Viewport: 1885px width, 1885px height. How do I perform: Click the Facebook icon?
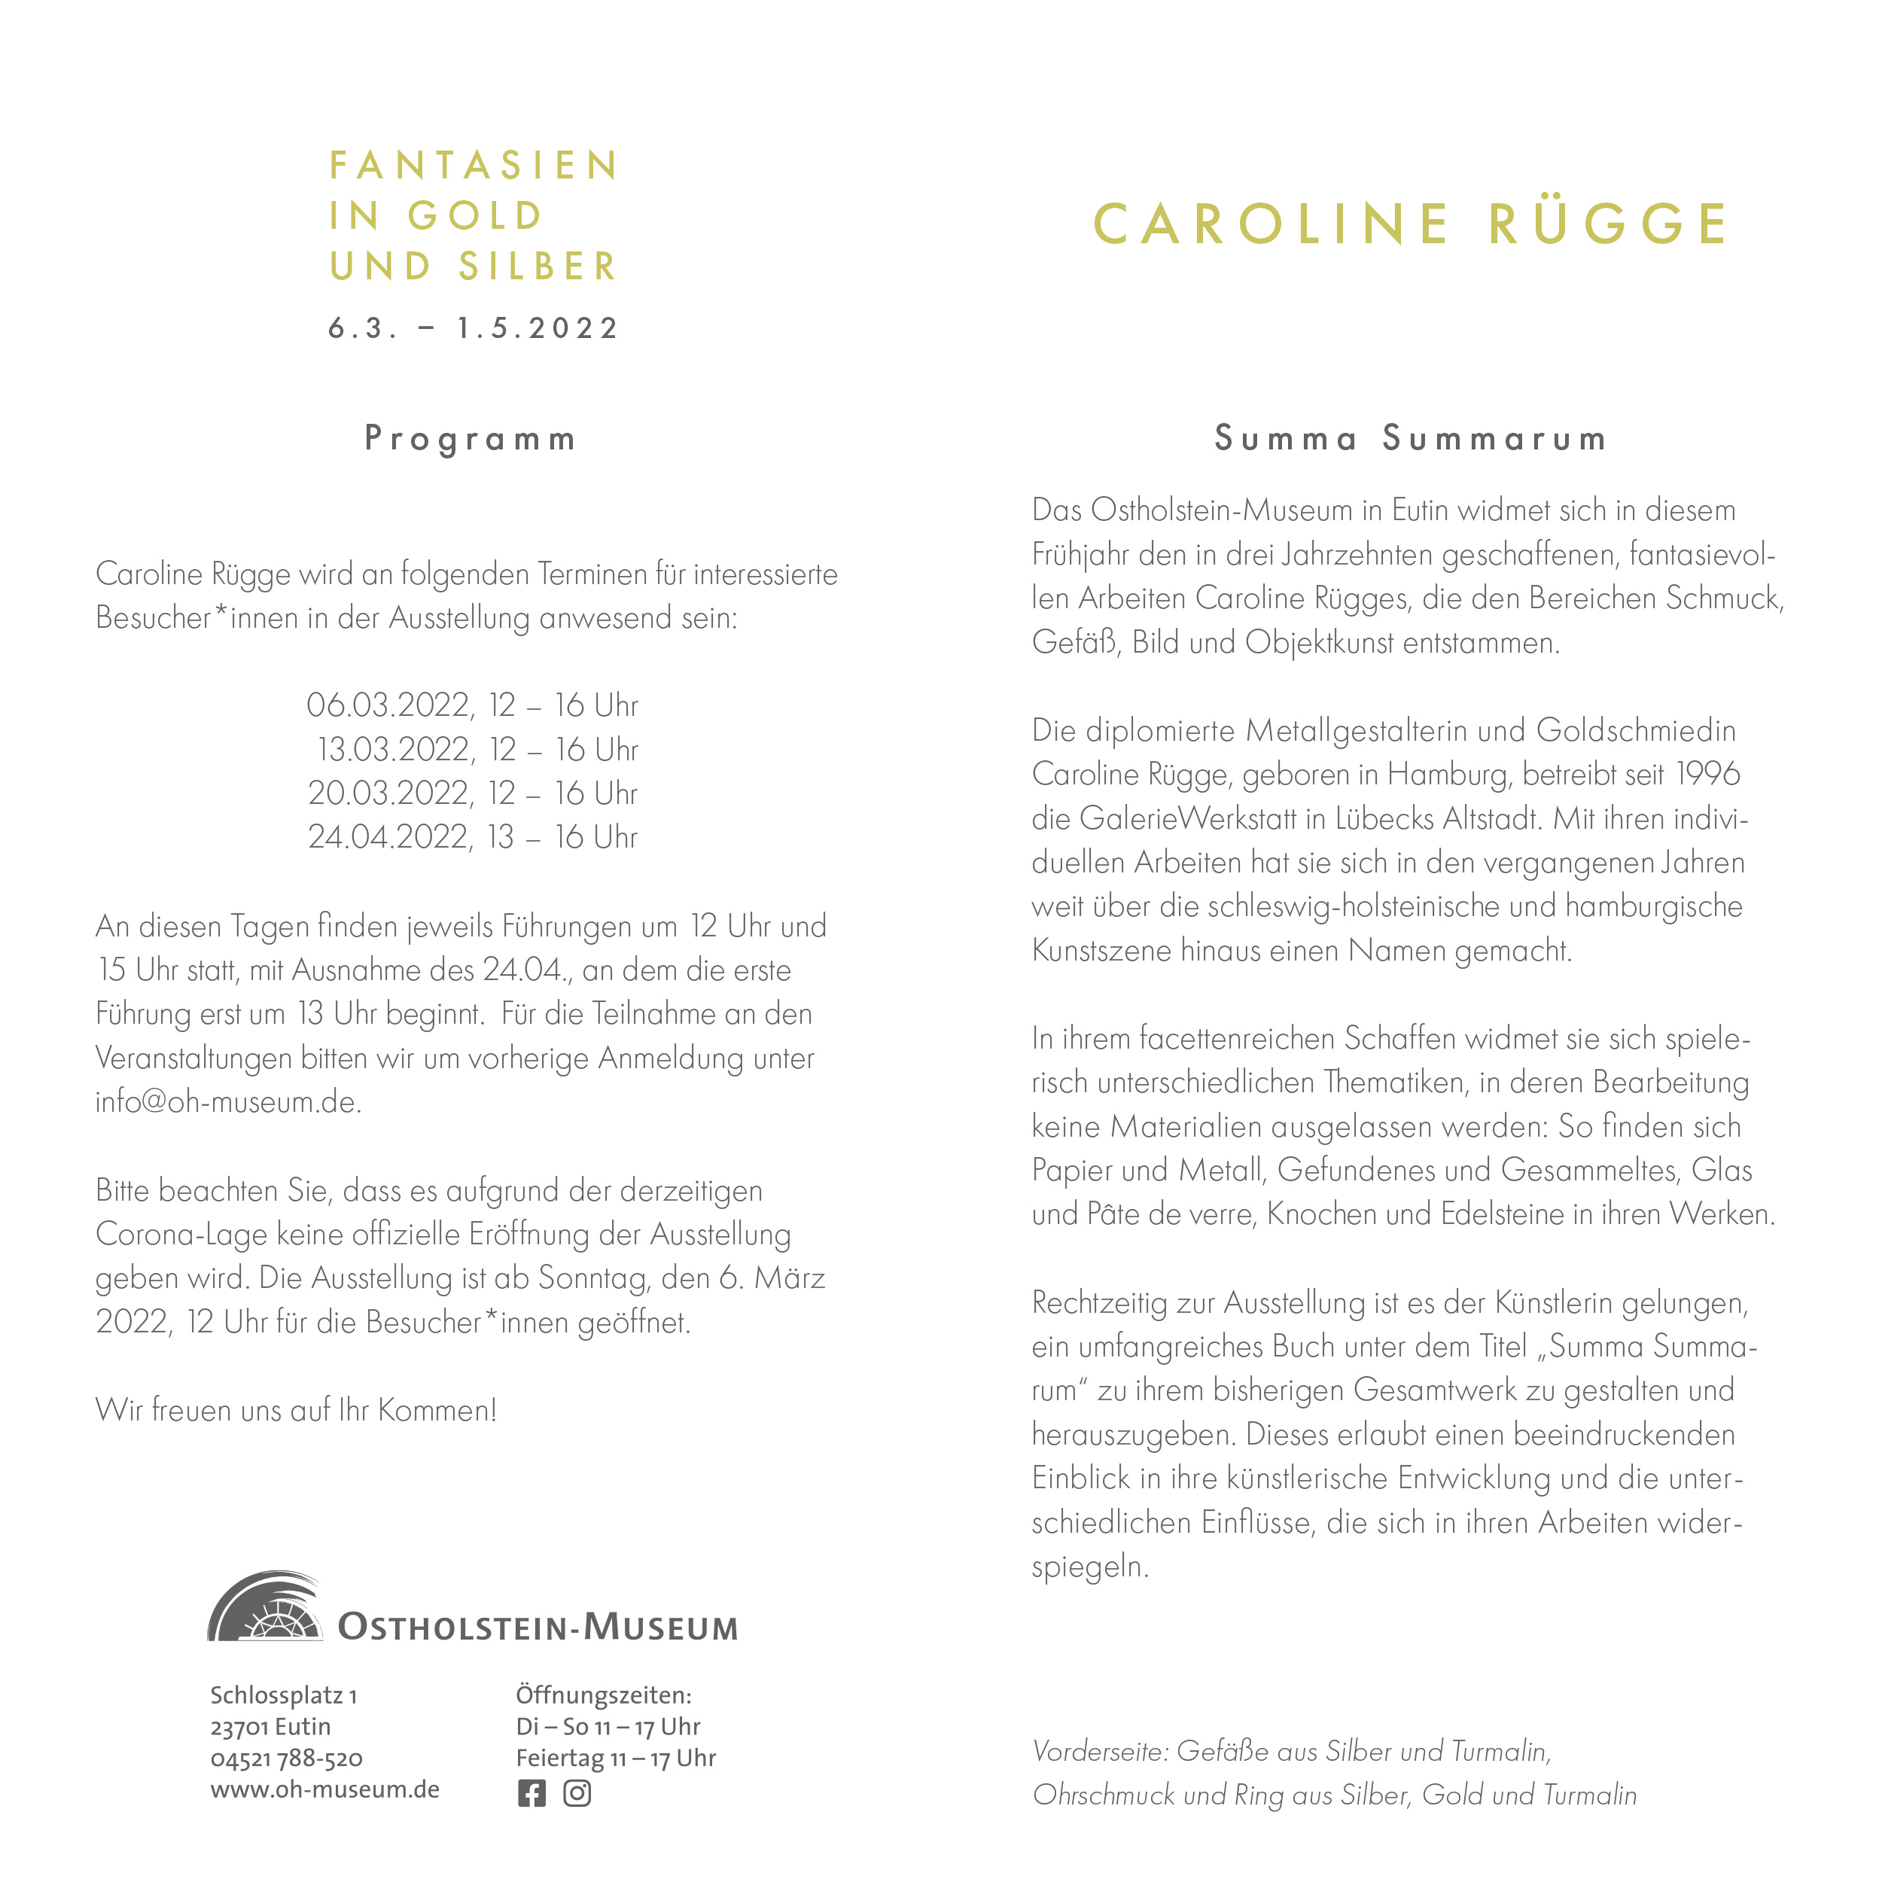click(x=531, y=1793)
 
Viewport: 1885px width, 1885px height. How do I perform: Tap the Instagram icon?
click(x=577, y=1793)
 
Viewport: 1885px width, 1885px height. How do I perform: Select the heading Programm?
click(x=470, y=439)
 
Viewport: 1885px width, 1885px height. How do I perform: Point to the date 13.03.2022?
click(x=395, y=749)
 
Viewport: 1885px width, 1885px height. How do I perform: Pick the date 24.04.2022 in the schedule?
click(x=390, y=837)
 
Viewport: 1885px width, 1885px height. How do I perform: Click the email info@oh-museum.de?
click(x=228, y=1101)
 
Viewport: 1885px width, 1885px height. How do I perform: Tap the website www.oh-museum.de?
click(x=325, y=1789)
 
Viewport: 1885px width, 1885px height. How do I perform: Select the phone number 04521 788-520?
click(x=286, y=1759)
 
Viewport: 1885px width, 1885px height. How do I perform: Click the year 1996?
click(x=1707, y=774)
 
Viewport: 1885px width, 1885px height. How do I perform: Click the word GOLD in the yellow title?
click(x=474, y=215)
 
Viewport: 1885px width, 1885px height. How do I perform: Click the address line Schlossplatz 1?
click(x=283, y=1696)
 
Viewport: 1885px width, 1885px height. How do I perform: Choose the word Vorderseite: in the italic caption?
click(x=1100, y=1751)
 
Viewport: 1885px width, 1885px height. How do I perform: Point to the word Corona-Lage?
click(x=181, y=1235)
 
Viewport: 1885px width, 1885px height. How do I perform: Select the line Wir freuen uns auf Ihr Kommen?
click(x=296, y=1410)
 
